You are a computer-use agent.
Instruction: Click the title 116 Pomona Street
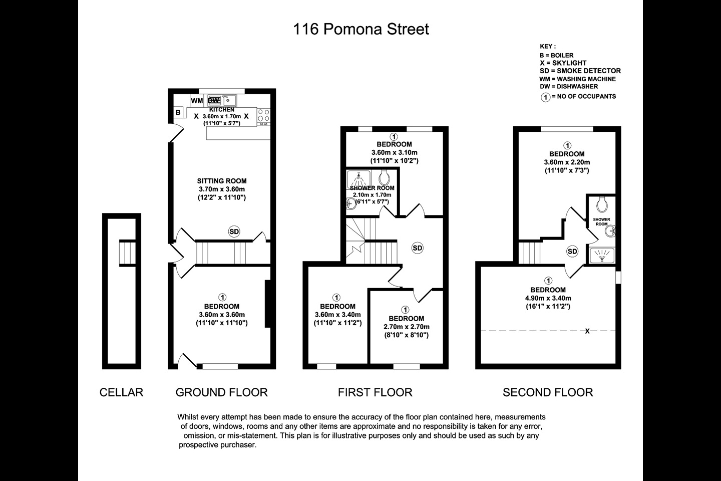[x=360, y=29]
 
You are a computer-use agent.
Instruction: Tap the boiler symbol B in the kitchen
[x=178, y=113]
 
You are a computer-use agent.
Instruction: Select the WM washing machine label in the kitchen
[x=197, y=101]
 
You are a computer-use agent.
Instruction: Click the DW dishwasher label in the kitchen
[x=214, y=101]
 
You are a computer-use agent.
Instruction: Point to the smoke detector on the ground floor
[x=234, y=231]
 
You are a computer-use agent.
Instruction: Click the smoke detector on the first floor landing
[x=418, y=248]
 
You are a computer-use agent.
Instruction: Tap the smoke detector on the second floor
[x=572, y=252]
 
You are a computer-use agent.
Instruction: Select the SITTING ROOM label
[x=221, y=181]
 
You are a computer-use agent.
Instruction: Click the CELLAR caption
[x=121, y=392]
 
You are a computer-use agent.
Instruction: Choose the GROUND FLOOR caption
[x=221, y=392]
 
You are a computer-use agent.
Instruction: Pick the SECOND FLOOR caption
[x=548, y=392]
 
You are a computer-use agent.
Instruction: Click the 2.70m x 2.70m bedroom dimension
[x=406, y=327]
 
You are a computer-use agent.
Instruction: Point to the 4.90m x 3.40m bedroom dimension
[x=548, y=298]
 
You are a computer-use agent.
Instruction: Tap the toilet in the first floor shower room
[x=385, y=176]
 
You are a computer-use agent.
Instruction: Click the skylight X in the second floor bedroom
[x=587, y=331]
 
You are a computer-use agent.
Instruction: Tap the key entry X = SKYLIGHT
[x=563, y=63]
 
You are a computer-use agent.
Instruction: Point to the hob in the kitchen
[x=264, y=116]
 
